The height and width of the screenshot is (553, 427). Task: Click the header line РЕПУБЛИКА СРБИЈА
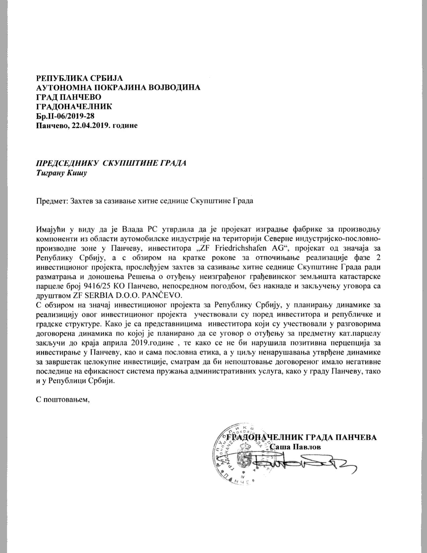pos(80,78)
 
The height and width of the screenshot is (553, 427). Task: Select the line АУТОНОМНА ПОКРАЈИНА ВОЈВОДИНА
pos(118,88)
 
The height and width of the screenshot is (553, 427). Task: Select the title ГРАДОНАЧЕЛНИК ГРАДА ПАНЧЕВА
pos(301,437)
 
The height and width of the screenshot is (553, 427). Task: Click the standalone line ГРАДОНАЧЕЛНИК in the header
pos(74,107)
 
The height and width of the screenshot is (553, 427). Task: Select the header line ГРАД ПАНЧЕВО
pos(68,97)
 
